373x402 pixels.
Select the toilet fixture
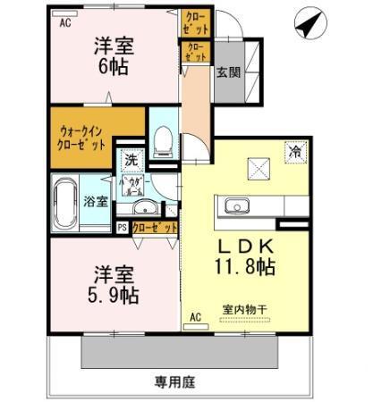pyautogui.click(x=162, y=138)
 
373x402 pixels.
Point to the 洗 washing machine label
pyautogui.click(x=131, y=162)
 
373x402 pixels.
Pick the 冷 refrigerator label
pyautogui.click(x=295, y=152)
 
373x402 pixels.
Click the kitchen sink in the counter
pyautogui.click(x=236, y=203)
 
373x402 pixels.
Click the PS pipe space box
pyautogui.click(x=123, y=228)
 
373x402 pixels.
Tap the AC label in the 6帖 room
pyautogui.click(x=65, y=24)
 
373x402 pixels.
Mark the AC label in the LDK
pyautogui.click(x=196, y=317)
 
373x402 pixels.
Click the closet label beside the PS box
pyautogui.click(x=153, y=228)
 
